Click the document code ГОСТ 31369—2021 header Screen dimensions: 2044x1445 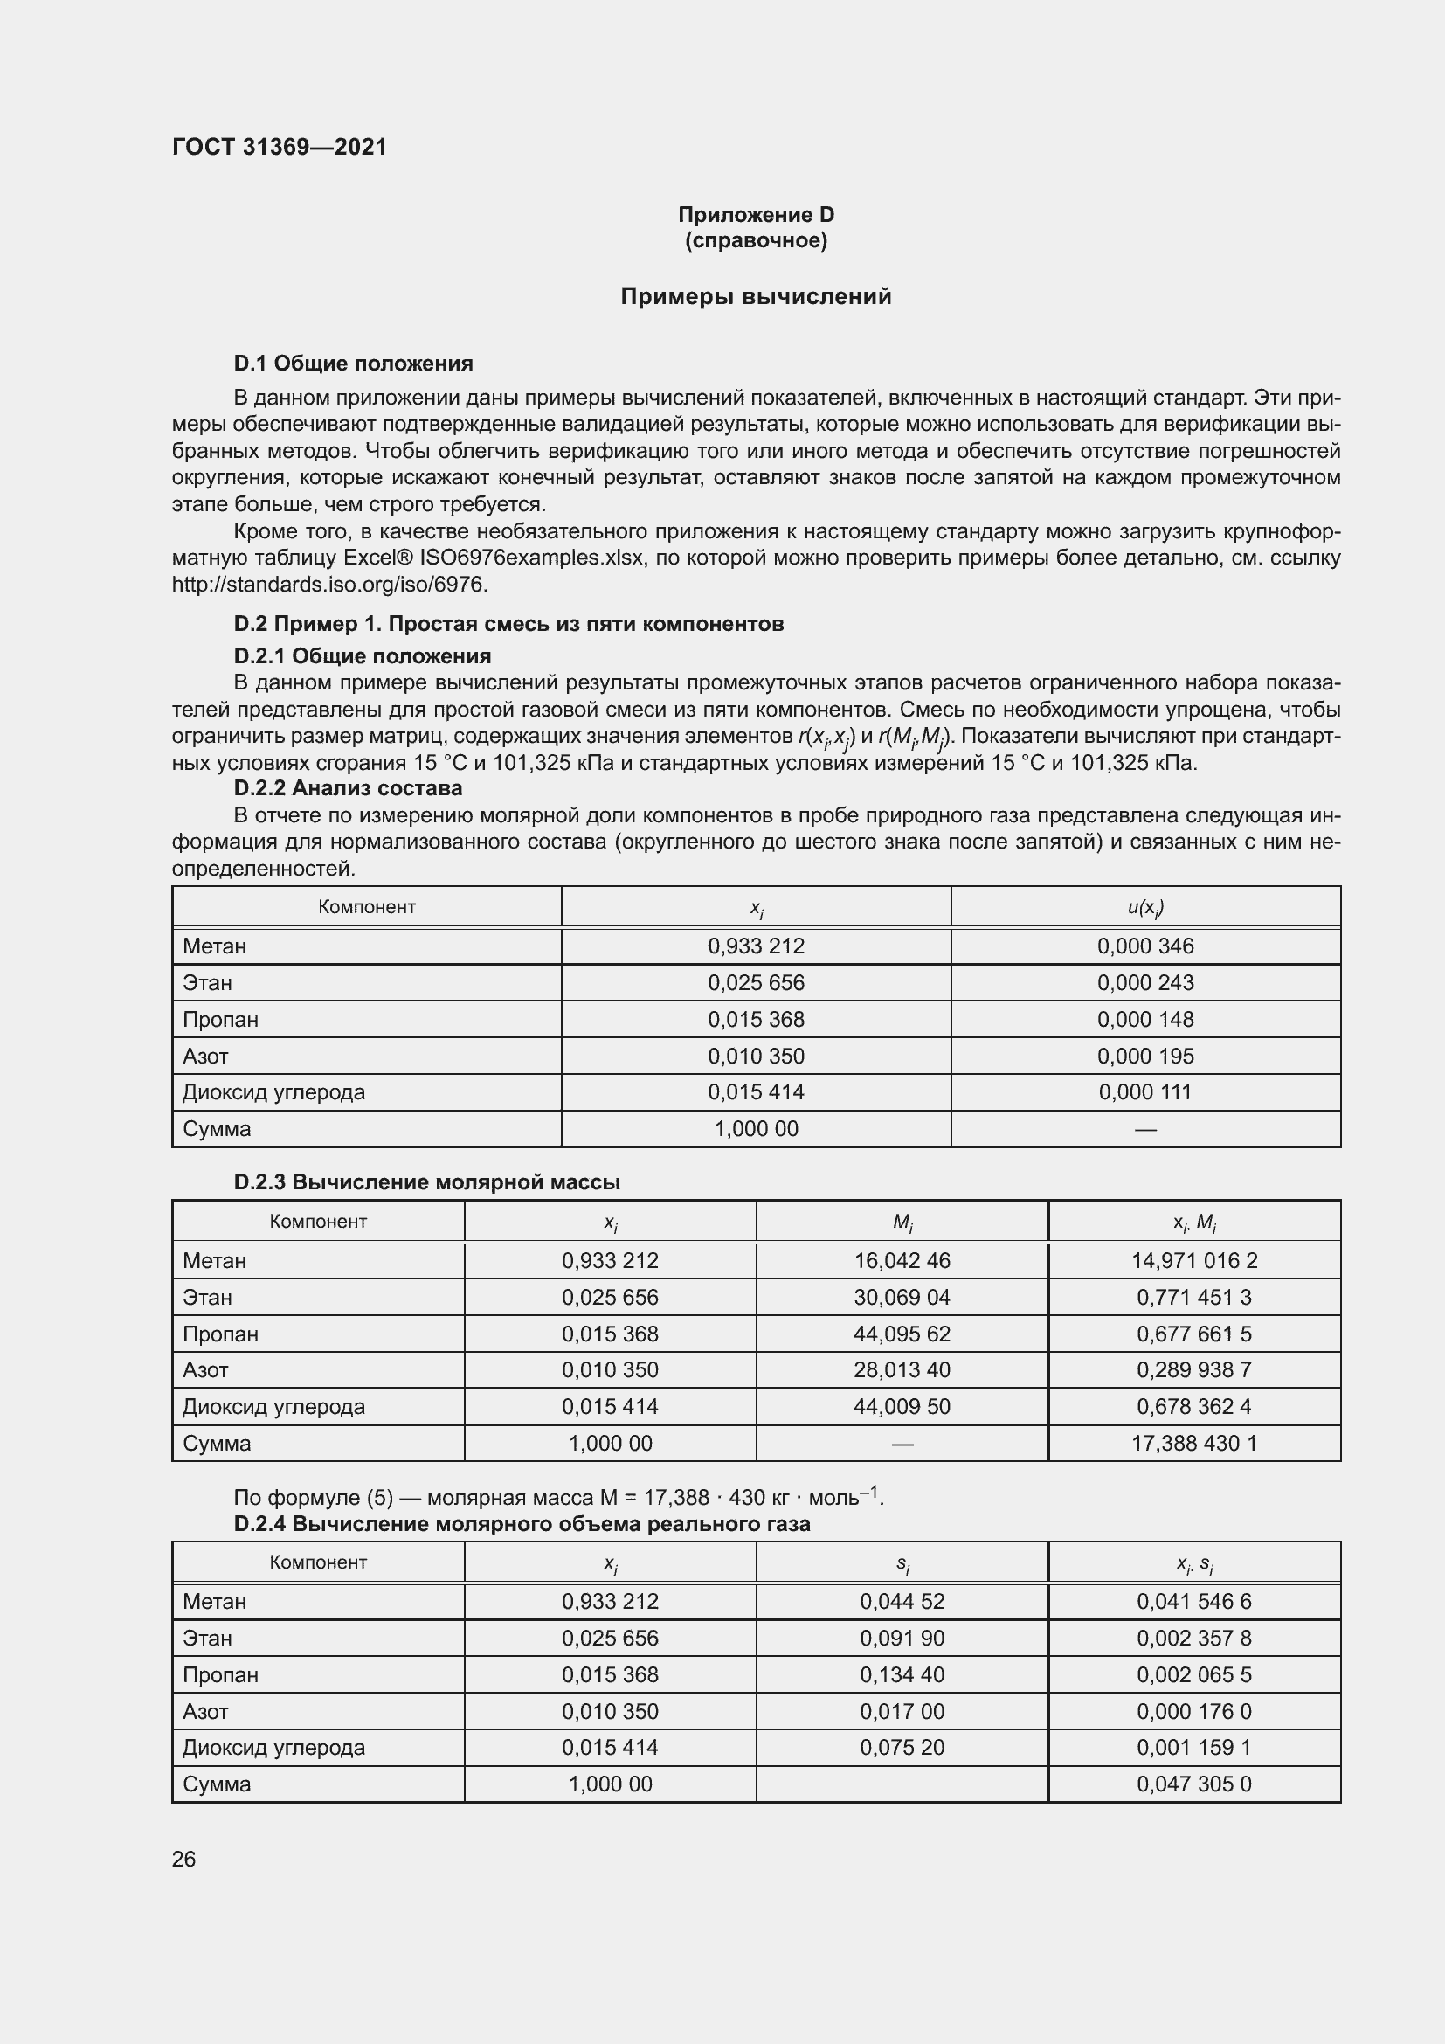pyautogui.click(x=280, y=147)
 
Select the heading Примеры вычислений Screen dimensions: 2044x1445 pyautogui.click(x=756, y=296)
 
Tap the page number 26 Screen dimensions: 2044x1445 pyautogui.click(x=183, y=1859)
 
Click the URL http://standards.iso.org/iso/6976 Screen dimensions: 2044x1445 pyautogui.click(x=329, y=585)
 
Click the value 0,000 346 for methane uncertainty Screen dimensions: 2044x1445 pyautogui.click(x=1145, y=946)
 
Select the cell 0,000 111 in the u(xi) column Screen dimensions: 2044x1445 pyautogui.click(x=1145, y=1091)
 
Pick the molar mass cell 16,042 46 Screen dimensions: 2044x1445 pyautogui.click(x=902, y=1261)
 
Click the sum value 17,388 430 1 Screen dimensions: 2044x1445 pyautogui.click(x=1194, y=1443)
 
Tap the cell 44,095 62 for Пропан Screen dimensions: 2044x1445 pyautogui.click(x=902, y=1334)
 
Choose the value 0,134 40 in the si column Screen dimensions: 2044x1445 pyautogui.click(x=902, y=1674)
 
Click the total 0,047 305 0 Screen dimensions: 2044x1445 pyautogui.click(x=1194, y=1784)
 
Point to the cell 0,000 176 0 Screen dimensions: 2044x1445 pyautogui.click(x=1194, y=1711)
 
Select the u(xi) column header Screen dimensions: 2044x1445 pyautogui.click(x=1145, y=907)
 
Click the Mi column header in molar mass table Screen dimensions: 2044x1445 pyautogui.click(x=902, y=1223)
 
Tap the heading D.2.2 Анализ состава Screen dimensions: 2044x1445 pyautogui.click(x=348, y=788)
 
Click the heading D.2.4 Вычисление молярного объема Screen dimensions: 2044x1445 pyautogui.click(x=522, y=1524)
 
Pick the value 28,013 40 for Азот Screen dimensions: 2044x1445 pyautogui.click(x=902, y=1370)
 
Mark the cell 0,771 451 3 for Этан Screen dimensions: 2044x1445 pyautogui.click(x=1194, y=1297)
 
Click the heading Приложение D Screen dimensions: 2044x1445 pyautogui.click(x=756, y=215)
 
